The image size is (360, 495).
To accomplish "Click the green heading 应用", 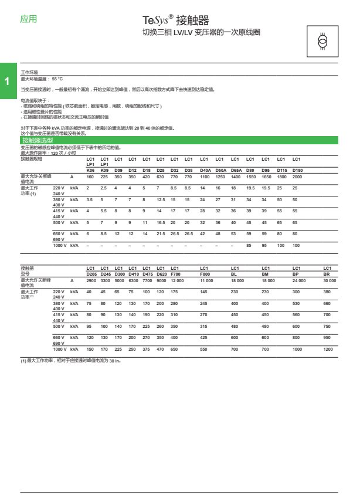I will tap(28, 19).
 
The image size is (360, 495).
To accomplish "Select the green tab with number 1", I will tap(6, 81).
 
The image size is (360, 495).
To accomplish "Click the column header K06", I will tap(90, 169).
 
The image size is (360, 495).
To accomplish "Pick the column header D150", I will tap(297, 169).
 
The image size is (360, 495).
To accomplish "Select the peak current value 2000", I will tap(297, 177).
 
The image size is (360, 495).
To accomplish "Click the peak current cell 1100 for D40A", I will tap(205, 177).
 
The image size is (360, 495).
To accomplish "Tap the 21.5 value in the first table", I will tap(161, 233).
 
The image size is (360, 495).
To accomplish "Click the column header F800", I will tap(205, 273).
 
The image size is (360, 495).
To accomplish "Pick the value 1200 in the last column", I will tap(328, 349).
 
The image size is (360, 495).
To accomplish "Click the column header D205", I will tap(92, 273).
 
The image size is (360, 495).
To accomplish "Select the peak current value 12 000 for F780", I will tap(177, 281).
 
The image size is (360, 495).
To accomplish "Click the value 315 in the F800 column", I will tap(203, 326).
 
